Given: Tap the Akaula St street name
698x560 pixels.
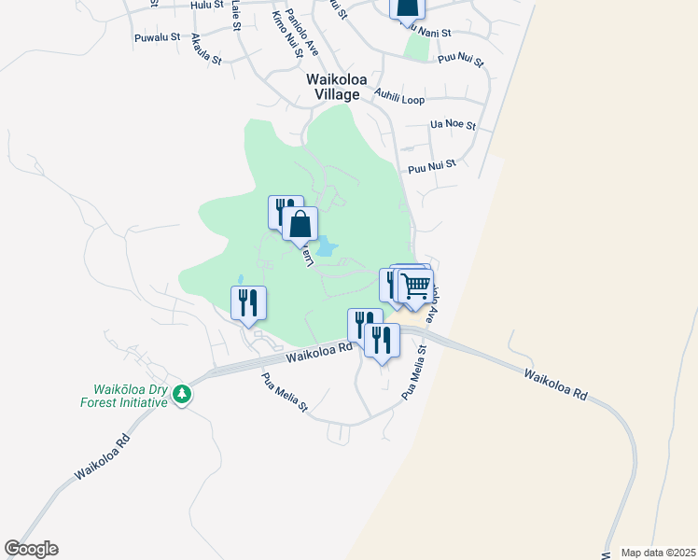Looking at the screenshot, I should click(205, 49).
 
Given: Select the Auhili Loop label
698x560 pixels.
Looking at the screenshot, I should click(398, 96).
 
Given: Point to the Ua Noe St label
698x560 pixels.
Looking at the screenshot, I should click(454, 124).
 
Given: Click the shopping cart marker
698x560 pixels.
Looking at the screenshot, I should click(416, 286).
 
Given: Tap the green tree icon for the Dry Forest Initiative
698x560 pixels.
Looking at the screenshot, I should click(183, 395).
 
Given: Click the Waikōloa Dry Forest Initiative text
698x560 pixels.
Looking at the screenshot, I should click(130, 396).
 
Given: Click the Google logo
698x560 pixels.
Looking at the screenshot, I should click(31, 549).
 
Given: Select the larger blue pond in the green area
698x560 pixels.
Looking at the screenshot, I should click(326, 249).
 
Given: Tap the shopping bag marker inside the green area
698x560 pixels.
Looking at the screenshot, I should click(300, 225).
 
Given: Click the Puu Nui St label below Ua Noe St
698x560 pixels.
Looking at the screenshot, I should click(431, 166).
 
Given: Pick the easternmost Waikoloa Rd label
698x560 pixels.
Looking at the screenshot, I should click(554, 384).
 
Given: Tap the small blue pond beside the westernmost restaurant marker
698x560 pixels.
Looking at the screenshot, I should click(240, 279).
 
